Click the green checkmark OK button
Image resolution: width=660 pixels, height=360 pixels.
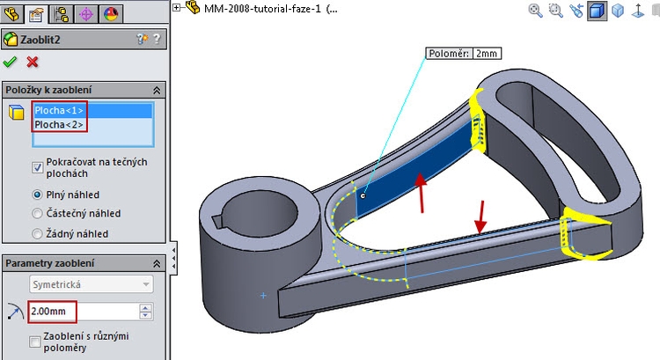11,62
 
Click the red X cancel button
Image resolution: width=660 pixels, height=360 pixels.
33,62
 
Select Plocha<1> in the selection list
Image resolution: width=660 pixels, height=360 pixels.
60,111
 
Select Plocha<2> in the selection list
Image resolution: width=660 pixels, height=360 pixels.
60,125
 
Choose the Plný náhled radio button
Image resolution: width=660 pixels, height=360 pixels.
38,194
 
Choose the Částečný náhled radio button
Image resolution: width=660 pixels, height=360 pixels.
38,213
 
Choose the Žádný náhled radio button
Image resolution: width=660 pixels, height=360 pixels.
38,233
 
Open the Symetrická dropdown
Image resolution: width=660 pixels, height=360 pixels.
91,284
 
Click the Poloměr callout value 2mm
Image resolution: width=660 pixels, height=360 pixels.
487,54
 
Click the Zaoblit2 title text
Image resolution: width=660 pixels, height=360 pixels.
42,39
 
